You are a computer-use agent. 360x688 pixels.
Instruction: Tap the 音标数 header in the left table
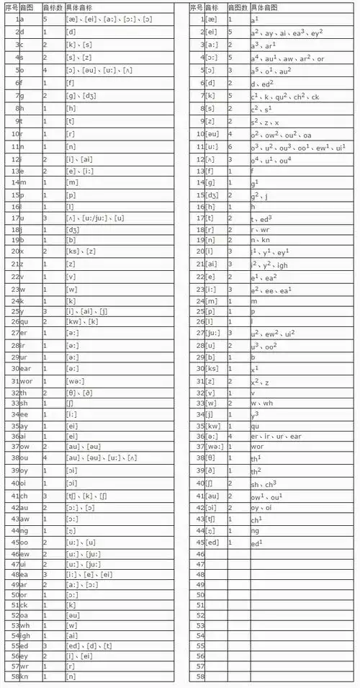tap(51, 6)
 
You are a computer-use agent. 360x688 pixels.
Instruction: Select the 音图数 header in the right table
tap(237, 6)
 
